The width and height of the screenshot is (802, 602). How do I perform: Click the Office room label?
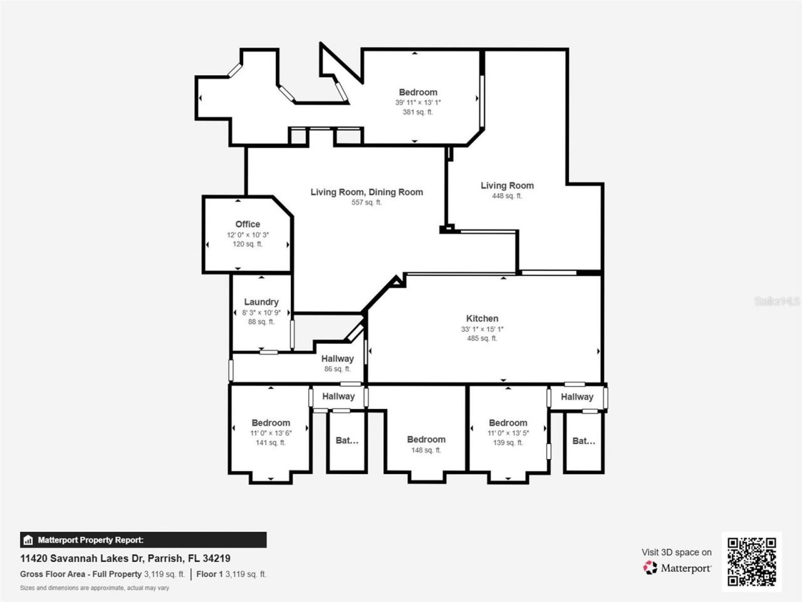[x=247, y=224]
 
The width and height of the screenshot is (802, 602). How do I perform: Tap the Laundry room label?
[x=261, y=302]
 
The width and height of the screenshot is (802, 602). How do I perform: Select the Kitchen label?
[x=482, y=319]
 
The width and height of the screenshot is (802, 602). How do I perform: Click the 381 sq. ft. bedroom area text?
[x=417, y=112]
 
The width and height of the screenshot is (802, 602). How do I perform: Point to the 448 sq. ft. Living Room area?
[x=507, y=196]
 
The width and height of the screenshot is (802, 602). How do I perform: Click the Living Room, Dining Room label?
[x=367, y=192]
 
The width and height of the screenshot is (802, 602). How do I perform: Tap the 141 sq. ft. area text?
[x=271, y=443]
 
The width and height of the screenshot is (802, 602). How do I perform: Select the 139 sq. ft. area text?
[x=508, y=443]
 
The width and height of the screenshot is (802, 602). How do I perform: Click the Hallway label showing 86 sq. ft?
[x=337, y=359]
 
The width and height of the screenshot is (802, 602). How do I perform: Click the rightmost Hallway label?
[x=576, y=396]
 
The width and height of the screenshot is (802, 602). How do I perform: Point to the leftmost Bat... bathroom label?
[x=347, y=440]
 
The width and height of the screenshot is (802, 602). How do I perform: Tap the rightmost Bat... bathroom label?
[x=583, y=441]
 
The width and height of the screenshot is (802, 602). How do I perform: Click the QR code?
[x=751, y=561]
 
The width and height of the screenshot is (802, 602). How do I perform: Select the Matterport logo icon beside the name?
[x=650, y=568]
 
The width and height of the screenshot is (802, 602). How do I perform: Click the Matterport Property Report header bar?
[x=143, y=540]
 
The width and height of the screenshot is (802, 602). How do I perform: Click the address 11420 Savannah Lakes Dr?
[x=125, y=558]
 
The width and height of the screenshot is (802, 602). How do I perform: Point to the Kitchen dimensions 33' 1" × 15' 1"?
[x=482, y=329]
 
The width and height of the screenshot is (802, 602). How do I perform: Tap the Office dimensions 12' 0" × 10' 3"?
[x=247, y=235]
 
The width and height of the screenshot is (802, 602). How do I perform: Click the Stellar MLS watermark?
[x=777, y=302]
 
